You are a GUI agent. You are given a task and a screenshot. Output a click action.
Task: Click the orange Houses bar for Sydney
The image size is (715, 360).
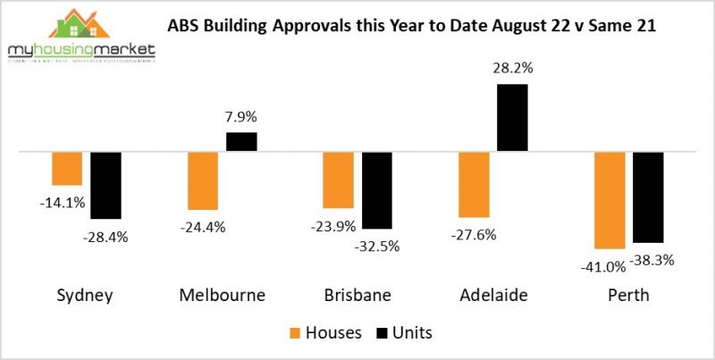point(67,168)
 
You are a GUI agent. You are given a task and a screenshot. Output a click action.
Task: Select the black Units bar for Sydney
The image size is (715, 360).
point(105,185)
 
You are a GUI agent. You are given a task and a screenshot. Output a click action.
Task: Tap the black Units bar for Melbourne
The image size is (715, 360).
point(241,142)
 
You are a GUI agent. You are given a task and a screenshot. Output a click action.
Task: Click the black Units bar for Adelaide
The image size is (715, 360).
point(512,118)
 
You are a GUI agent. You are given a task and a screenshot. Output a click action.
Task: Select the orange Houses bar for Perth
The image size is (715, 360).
point(609,200)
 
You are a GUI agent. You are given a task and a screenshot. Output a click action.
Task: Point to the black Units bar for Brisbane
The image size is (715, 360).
point(376,190)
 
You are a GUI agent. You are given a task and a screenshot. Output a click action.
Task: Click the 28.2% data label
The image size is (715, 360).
point(512,67)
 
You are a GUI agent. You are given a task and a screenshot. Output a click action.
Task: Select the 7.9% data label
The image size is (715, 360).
point(241,115)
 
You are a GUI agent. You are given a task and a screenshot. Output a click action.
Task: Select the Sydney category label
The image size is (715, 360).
point(86,296)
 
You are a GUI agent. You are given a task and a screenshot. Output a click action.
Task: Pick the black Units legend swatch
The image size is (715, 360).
point(380,333)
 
